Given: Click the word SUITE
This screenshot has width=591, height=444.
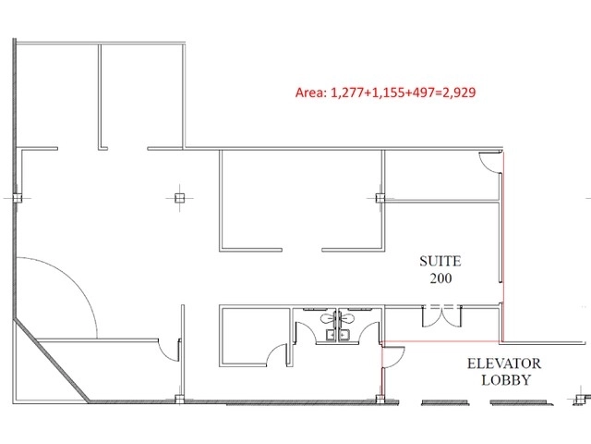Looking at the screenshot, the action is click(x=440, y=261).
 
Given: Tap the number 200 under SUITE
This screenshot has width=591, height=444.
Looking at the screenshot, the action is click(x=441, y=278).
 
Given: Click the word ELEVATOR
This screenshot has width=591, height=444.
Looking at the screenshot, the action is click(x=504, y=364).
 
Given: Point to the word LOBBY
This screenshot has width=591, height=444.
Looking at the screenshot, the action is click(x=506, y=380).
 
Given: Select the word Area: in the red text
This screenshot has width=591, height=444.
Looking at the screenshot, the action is click(x=311, y=92).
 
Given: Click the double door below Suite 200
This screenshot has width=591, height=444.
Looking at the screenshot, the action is click(x=441, y=316).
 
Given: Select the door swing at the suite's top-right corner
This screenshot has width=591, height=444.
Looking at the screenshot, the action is click(x=490, y=162).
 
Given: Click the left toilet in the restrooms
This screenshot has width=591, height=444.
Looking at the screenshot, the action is click(x=328, y=318).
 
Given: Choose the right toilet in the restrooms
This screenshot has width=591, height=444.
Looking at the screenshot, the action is click(x=347, y=318).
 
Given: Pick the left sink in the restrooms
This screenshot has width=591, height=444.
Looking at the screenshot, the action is click(x=331, y=335).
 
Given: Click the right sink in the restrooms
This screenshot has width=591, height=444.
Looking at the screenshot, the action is click(x=344, y=335).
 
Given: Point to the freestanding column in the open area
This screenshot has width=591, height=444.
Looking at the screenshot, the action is click(x=179, y=198).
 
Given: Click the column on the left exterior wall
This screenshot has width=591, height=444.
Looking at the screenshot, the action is click(x=17, y=198).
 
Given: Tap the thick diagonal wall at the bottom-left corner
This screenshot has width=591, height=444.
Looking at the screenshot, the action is click(x=52, y=361).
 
